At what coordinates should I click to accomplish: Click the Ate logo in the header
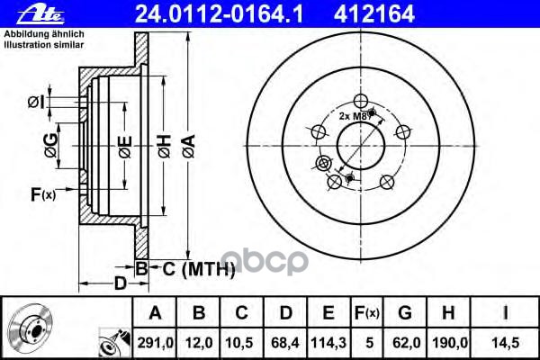click(40, 14)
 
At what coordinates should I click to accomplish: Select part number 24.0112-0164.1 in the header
click(219, 14)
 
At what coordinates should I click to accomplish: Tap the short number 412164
click(374, 14)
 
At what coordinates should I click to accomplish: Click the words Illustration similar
click(44, 45)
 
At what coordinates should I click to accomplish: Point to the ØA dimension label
click(189, 146)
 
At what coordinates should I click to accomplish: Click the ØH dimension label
click(165, 146)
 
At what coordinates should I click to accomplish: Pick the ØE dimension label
click(125, 147)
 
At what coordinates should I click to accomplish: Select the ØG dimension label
click(51, 146)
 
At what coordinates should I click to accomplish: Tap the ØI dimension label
click(36, 103)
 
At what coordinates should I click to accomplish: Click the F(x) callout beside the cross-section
click(43, 194)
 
